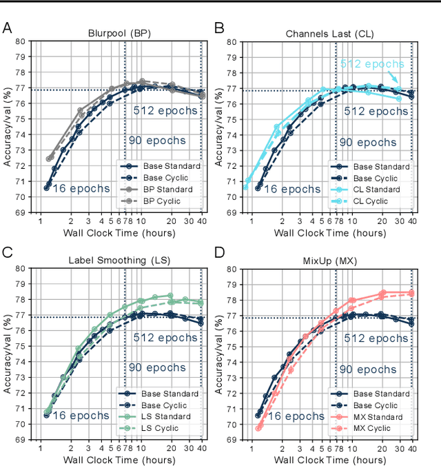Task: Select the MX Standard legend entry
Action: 373,417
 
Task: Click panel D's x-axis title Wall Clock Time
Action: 329,458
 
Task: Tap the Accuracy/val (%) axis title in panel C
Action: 7,354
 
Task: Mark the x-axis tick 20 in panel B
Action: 381,221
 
